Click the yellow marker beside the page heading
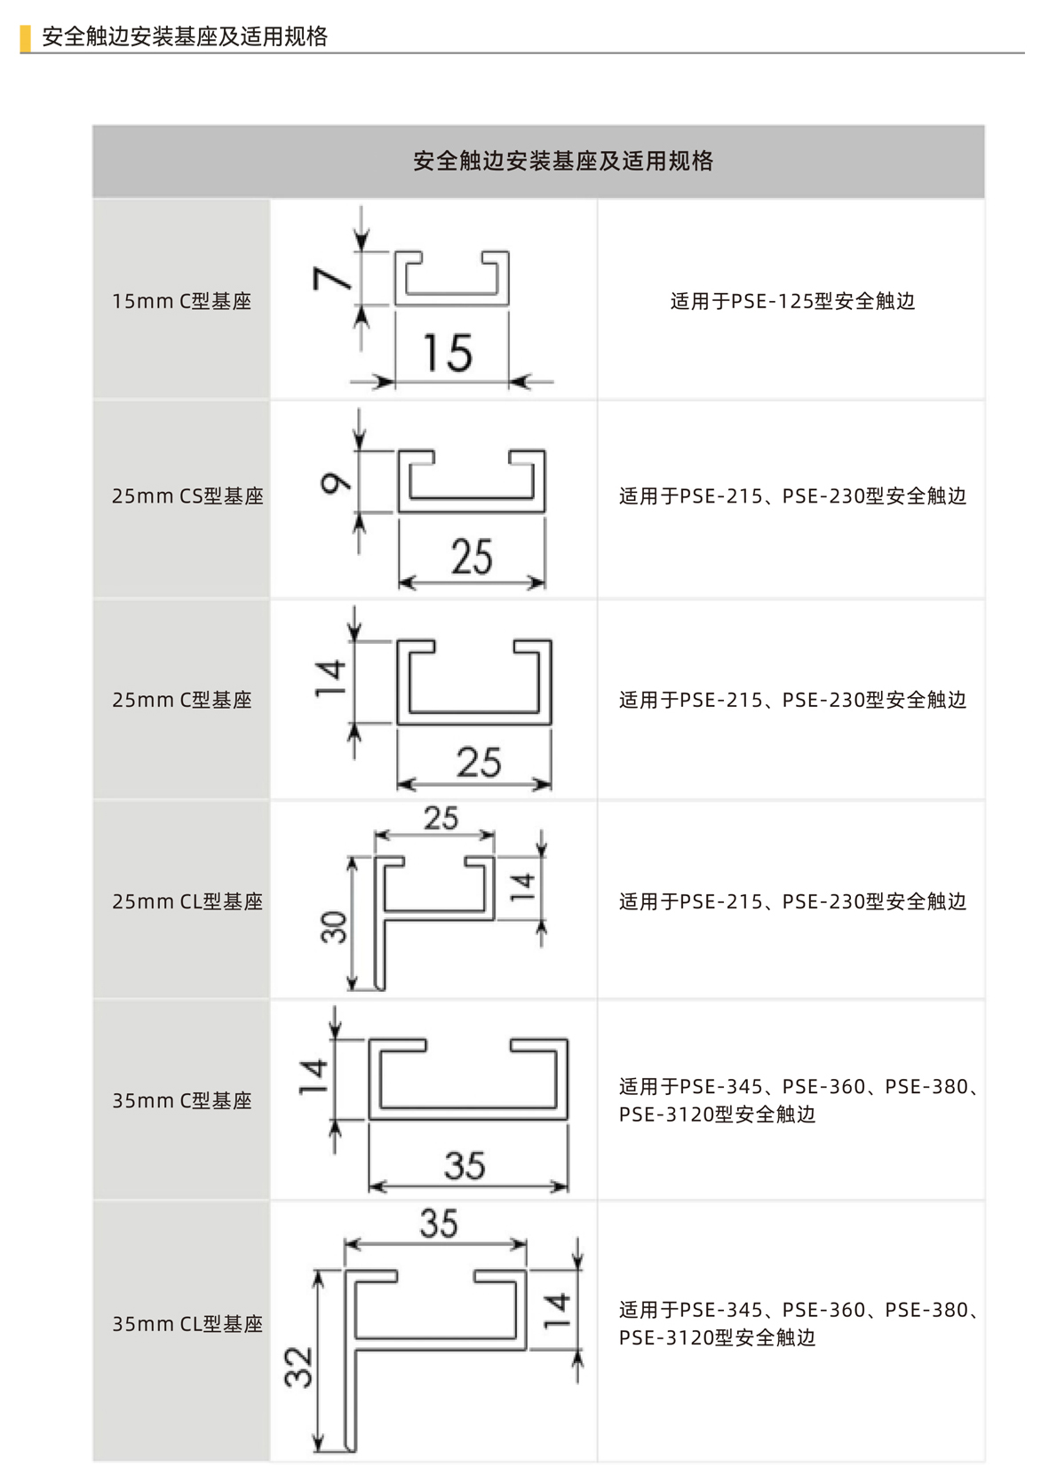pyautogui.click(x=25, y=37)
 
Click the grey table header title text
pyautogui.click(x=563, y=161)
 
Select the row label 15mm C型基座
pyautogui.click(x=181, y=301)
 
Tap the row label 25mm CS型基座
pyautogui.click(x=187, y=496)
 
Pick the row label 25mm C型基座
pyautogui.click(x=181, y=700)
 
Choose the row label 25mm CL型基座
pyautogui.click(x=187, y=901)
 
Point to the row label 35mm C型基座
pyautogui.click(x=181, y=1100)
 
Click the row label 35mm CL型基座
pyautogui.click(x=187, y=1324)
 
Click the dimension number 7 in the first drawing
pyautogui.click(x=332, y=279)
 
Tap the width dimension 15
pyautogui.click(x=447, y=353)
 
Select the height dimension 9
pyautogui.click(x=336, y=482)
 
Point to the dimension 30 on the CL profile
pyautogui.click(x=334, y=926)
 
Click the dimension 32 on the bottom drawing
pyautogui.click(x=299, y=1367)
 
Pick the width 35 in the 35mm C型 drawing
pyautogui.click(x=465, y=1165)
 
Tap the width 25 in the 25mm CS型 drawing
pyautogui.click(x=471, y=557)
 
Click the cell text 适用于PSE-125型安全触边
pyautogui.click(x=791, y=301)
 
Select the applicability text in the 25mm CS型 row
pyautogui.click(x=791, y=496)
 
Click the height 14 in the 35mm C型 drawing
pyautogui.click(x=313, y=1076)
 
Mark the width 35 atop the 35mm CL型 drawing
pyautogui.click(x=439, y=1223)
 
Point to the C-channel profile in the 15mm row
pyautogui.click(x=451, y=279)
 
